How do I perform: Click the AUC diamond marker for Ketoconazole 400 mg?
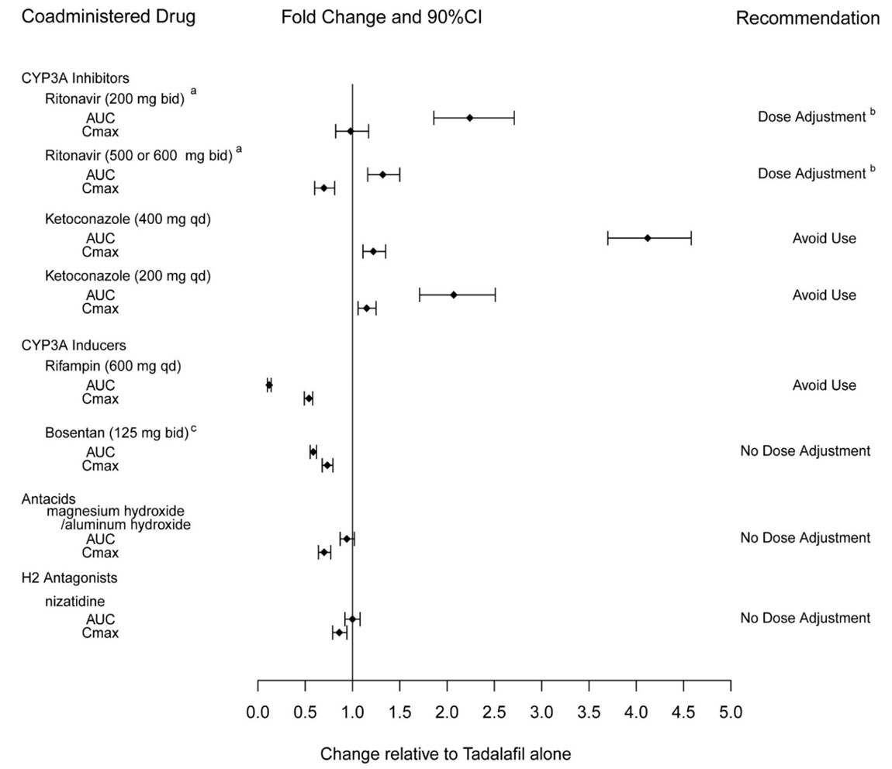(x=648, y=238)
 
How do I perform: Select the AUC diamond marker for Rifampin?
(x=269, y=385)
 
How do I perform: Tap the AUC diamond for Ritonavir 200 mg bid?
(x=470, y=118)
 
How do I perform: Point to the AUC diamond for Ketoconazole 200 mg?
(x=454, y=295)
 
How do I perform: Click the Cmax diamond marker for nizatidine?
(x=339, y=633)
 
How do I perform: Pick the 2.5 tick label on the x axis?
(x=494, y=712)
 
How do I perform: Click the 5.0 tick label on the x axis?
(x=730, y=712)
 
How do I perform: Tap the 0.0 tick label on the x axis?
(x=258, y=712)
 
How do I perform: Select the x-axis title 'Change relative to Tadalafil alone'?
(x=445, y=753)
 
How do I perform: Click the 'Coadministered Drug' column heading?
(x=108, y=17)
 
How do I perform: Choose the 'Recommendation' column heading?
(x=807, y=18)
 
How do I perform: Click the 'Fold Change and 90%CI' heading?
(x=382, y=17)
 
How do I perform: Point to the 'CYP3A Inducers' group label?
(x=74, y=345)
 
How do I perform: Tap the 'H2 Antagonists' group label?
(x=69, y=578)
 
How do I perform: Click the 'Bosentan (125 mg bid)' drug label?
(x=116, y=433)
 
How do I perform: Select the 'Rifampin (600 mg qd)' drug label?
(x=113, y=366)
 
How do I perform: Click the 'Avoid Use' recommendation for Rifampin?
(x=824, y=385)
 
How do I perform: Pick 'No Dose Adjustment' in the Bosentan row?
(x=805, y=451)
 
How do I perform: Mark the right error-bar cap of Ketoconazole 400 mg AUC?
(x=690, y=238)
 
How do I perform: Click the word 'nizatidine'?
(x=74, y=601)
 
